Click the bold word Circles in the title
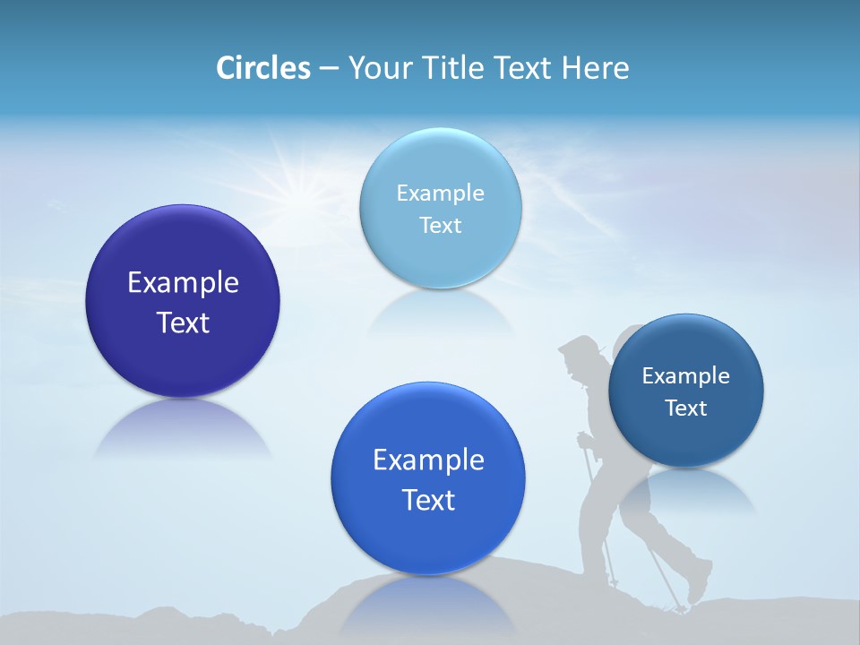point(263,68)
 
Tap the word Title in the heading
point(457,68)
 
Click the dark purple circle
point(183,301)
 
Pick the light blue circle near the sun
point(440,208)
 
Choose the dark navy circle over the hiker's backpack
point(686,391)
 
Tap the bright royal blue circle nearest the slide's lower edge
point(428,478)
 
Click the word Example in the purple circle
point(183,283)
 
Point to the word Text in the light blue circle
point(440,226)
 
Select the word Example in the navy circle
point(686,376)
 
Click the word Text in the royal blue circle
point(428,500)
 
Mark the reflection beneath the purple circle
point(183,430)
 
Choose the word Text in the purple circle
point(183,322)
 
